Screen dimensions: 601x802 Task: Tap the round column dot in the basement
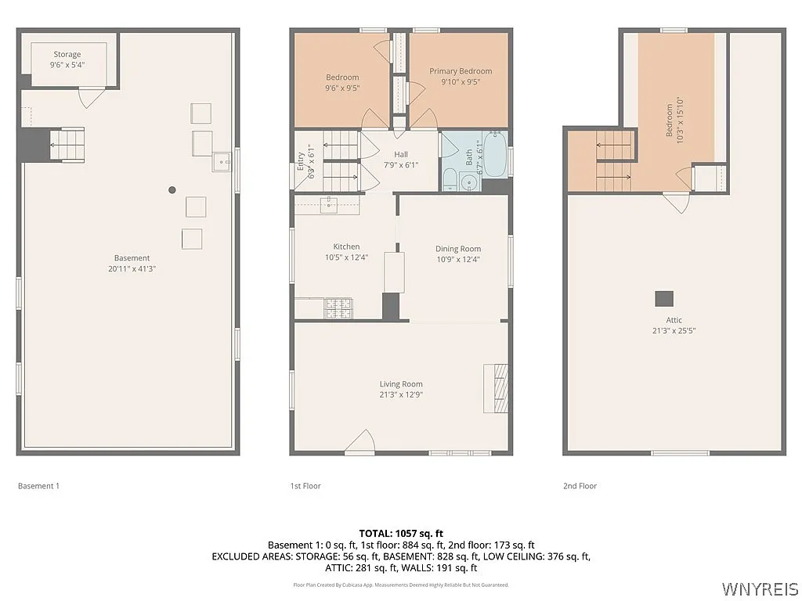coord(172,189)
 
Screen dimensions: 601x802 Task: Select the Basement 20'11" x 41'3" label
coord(132,263)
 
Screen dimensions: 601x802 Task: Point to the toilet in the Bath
coord(450,179)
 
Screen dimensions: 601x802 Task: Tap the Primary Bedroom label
coord(461,76)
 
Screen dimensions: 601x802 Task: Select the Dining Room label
coord(458,254)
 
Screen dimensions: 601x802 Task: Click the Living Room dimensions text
coord(401,394)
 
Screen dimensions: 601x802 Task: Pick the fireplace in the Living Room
coord(496,388)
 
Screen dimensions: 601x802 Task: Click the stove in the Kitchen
coord(338,308)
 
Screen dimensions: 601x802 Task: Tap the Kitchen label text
coord(345,246)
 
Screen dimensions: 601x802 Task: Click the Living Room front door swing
coord(359,443)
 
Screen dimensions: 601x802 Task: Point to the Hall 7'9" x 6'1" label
coord(401,160)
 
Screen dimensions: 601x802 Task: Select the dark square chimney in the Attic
coord(664,298)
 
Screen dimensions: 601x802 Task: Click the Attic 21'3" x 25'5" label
coord(674,325)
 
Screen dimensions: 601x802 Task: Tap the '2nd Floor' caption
coord(580,486)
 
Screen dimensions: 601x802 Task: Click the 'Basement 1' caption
coord(38,486)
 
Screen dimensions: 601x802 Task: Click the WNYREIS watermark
coord(759,588)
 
